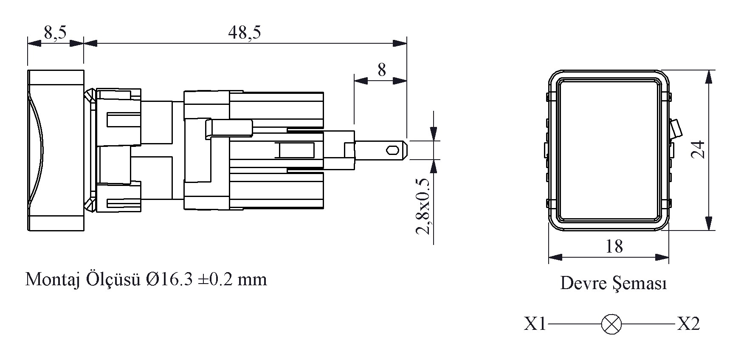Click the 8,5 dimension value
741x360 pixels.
55,33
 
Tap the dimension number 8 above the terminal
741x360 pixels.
382,70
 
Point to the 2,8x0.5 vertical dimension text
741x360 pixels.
423,206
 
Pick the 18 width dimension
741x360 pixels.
614,246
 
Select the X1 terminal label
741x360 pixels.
535,324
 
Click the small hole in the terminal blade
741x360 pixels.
392,150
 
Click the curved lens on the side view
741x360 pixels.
37,151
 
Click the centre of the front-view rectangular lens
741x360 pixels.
608,151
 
